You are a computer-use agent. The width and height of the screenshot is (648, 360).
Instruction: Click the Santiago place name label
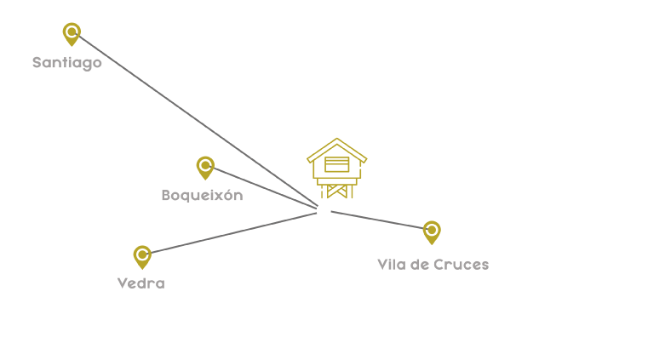[x=67, y=62]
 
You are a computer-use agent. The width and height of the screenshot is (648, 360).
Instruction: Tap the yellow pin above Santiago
[x=72, y=34]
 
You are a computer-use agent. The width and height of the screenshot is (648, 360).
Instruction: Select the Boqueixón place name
[x=202, y=195]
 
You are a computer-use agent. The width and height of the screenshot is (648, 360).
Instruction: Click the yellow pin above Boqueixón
[x=205, y=167]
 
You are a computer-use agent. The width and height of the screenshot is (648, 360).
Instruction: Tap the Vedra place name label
[x=140, y=283]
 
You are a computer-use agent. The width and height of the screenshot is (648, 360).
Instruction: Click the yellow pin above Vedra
[x=142, y=256]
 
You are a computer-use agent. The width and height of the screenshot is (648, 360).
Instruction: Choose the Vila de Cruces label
[x=433, y=265]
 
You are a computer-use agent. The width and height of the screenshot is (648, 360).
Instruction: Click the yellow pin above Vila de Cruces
[x=432, y=231]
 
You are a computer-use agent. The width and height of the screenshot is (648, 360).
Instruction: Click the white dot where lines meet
[x=324, y=210]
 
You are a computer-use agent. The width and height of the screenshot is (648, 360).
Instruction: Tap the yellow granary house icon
[x=336, y=169]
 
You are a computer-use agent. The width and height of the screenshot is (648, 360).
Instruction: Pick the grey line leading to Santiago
[x=196, y=121]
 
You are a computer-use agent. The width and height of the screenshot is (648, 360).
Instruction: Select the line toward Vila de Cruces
[x=375, y=220]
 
